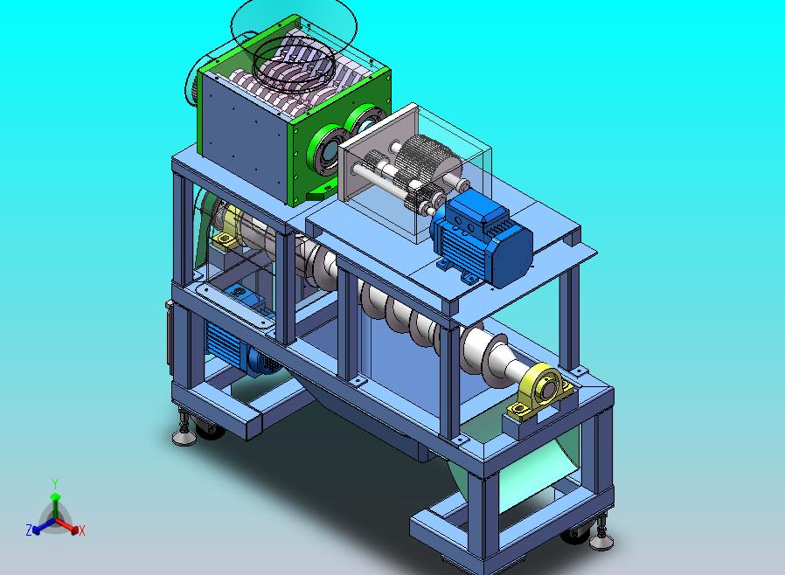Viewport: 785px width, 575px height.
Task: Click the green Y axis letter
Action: coord(55,483)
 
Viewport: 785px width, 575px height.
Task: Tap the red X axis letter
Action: coord(82,530)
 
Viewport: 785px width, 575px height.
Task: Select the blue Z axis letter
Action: coord(29,530)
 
